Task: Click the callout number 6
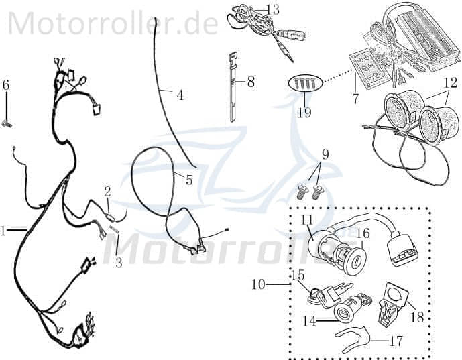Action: (x=6, y=85)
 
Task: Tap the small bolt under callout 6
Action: (x=8, y=123)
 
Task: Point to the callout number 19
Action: (x=304, y=112)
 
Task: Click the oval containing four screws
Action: (x=306, y=84)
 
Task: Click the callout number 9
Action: (x=325, y=154)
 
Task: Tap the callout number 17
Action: (x=396, y=341)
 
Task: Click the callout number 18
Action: (x=417, y=317)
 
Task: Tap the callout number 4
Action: (x=180, y=95)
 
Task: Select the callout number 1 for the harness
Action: (x=4, y=231)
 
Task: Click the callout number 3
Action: (x=119, y=263)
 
